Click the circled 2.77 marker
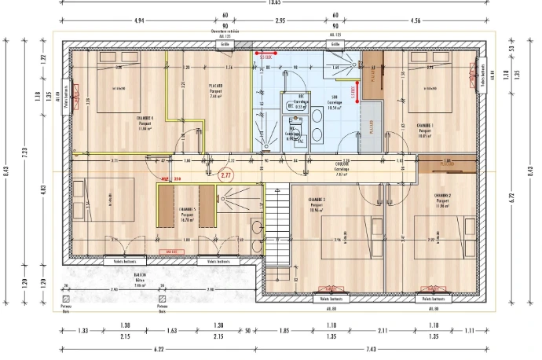pyautogui.click(x=226, y=177)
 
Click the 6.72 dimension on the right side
pyautogui.click(x=512, y=200)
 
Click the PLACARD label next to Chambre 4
pyautogui.click(x=215, y=88)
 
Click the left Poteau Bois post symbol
pyautogui.click(x=67, y=299)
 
